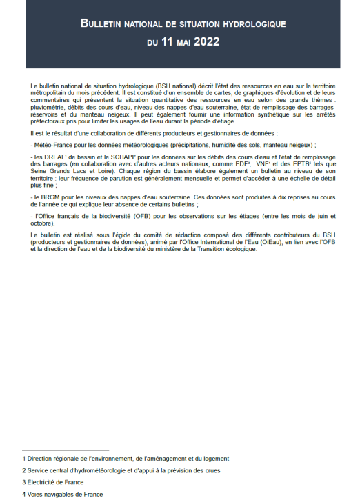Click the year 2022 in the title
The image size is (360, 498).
pos(207,41)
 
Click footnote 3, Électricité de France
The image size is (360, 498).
pos(54,482)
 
